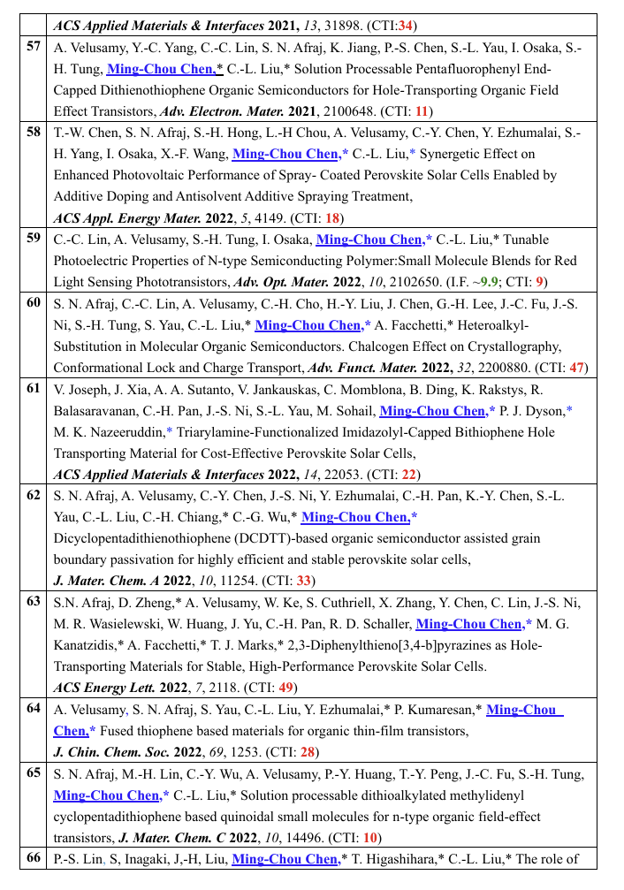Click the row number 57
[34, 46]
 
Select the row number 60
[34, 303]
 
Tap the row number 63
[34, 603]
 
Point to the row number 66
[34, 858]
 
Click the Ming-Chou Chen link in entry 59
[369, 240]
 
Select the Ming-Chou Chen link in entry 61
[433, 411]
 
